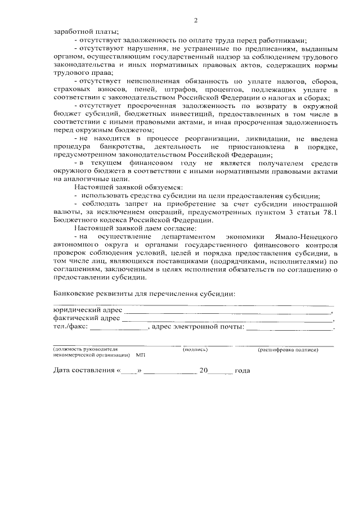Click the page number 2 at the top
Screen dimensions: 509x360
(x=196, y=21)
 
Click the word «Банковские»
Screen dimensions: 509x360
(x=75, y=294)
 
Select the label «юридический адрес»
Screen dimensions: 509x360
(x=87, y=309)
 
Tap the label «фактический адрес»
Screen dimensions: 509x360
(x=86, y=318)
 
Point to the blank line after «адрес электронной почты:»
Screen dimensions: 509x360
(x=290, y=327)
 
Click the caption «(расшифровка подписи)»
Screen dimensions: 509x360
(x=288, y=350)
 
